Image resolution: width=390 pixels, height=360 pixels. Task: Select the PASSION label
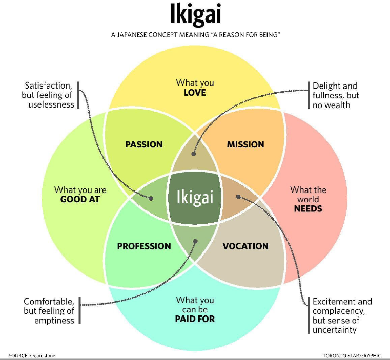(144, 144)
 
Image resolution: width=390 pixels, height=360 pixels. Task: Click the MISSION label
(245, 144)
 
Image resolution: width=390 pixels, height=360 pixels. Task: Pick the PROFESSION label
(144, 246)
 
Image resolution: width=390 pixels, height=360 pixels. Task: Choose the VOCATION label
(245, 246)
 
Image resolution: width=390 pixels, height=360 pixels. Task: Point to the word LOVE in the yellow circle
(195, 93)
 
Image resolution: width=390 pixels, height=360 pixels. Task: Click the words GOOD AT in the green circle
(80, 199)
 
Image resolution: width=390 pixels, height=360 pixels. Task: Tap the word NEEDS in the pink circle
(307, 209)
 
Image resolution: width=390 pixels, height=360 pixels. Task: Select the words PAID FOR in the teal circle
(195, 319)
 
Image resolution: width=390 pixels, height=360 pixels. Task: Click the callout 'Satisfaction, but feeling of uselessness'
(48, 95)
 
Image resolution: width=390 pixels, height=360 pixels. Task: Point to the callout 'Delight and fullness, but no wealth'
(336, 95)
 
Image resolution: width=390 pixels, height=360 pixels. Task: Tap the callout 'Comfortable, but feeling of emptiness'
(49, 310)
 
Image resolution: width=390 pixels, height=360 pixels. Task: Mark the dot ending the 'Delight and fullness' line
(194, 153)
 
